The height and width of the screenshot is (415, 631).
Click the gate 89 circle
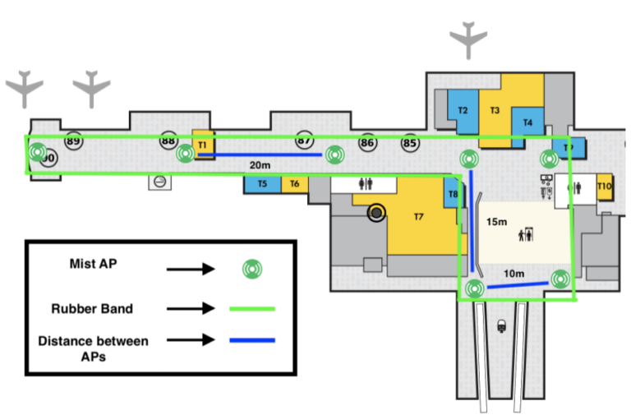[x=73, y=141]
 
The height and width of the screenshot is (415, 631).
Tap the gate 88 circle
[x=168, y=141]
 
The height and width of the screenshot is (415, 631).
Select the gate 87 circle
[x=305, y=141]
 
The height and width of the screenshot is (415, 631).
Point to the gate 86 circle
[x=367, y=143]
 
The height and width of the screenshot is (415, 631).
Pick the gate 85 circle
[x=410, y=143]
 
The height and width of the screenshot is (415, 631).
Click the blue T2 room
[x=463, y=110]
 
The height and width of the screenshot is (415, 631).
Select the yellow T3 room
[x=495, y=110]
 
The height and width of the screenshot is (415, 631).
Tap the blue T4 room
[x=527, y=123]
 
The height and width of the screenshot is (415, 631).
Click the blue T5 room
[x=262, y=184]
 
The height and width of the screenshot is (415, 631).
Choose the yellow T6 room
[x=294, y=184]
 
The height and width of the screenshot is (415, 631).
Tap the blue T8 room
[x=453, y=195]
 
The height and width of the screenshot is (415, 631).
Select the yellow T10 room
[x=605, y=187]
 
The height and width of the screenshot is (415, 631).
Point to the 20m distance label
[x=261, y=164]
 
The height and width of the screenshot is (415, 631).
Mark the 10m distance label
[x=514, y=272]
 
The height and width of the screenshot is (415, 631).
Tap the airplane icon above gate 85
[x=468, y=39]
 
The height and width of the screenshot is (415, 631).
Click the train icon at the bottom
[x=501, y=325]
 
